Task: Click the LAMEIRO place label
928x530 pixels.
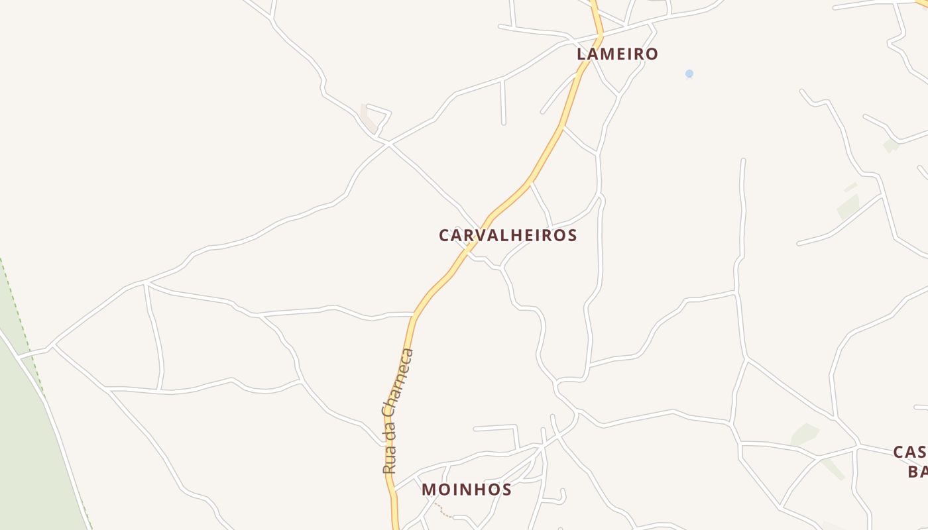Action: pos(617,54)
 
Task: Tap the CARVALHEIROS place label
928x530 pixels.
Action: pos(508,235)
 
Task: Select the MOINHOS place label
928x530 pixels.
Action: pos(467,490)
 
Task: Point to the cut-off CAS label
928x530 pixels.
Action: pos(909,452)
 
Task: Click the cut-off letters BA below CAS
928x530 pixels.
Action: pos(917,471)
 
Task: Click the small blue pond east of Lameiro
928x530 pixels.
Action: pos(689,74)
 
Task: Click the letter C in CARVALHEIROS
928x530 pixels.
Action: pos(444,235)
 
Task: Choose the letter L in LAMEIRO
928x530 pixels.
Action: pos(582,54)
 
